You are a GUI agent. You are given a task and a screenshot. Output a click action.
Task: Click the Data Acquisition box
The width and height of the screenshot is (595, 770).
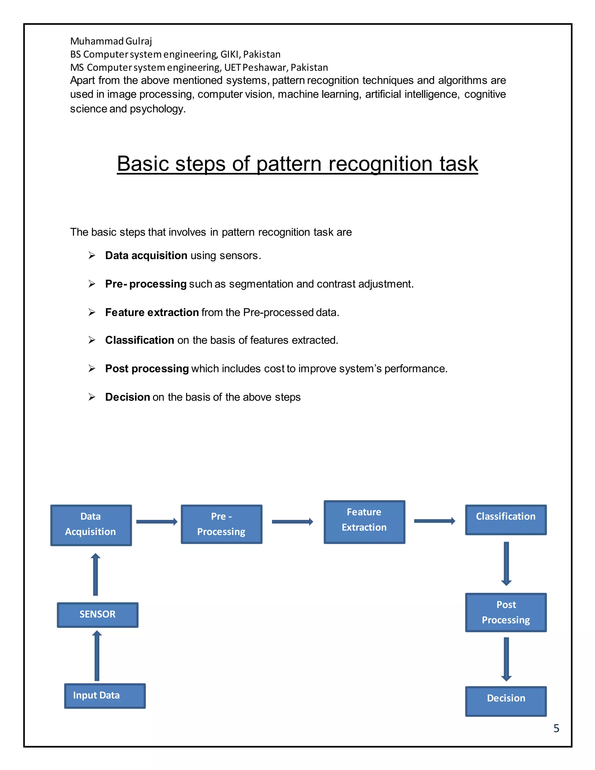click(x=91, y=525)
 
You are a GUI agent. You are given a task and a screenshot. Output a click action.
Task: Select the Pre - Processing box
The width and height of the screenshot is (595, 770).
click(x=221, y=524)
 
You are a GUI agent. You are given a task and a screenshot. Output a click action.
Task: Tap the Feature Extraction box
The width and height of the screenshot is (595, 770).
click(x=364, y=522)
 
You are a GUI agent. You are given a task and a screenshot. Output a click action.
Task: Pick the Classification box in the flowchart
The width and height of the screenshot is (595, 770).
click(x=506, y=520)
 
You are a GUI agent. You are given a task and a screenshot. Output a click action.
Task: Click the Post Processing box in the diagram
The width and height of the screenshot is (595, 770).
click(x=506, y=612)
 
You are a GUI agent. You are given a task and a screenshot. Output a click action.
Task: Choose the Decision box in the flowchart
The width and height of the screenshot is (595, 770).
click(x=506, y=701)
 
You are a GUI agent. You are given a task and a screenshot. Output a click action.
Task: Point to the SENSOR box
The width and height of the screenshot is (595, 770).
click(x=97, y=615)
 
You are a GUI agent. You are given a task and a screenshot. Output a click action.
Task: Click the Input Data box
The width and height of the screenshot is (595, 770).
click(x=105, y=696)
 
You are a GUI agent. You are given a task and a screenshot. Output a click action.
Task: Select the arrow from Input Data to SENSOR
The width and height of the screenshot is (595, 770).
click(x=97, y=656)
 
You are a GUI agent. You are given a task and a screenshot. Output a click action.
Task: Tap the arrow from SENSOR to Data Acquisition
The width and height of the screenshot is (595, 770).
click(x=96, y=574)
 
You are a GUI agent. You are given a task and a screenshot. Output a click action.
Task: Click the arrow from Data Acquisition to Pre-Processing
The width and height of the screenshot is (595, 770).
click(x=157, y=522)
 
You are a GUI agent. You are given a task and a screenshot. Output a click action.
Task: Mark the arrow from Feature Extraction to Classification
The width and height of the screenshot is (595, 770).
click(x=434, y=521)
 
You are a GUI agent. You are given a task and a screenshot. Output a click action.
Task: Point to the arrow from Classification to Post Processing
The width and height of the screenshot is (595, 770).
click(x=506, y=563)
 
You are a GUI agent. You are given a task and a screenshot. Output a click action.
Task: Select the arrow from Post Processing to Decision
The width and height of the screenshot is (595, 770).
click(x=506, y=659)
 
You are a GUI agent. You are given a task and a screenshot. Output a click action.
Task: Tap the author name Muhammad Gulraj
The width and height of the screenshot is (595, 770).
click(x=111, y=41)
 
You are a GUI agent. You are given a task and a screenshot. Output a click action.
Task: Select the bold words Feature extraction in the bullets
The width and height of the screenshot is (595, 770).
click(x=152, y=312)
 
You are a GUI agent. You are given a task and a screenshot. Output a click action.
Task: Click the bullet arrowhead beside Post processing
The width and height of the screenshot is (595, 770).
click(x=92, y=368)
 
